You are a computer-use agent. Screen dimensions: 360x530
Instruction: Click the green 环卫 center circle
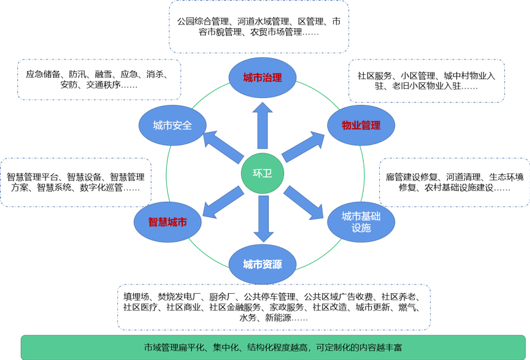[262, 174]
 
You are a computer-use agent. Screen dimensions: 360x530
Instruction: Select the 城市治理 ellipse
[263, 78]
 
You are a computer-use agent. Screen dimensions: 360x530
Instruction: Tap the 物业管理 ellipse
[361, 125]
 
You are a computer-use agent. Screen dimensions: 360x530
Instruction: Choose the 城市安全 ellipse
[172, 125]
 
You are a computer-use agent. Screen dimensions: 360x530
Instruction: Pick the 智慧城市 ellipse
[167, 222]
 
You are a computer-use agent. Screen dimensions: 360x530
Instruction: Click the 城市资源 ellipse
[263, 265]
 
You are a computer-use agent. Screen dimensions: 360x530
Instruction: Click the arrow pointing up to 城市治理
[263, 126]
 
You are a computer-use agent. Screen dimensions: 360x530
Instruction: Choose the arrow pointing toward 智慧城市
[222, 202]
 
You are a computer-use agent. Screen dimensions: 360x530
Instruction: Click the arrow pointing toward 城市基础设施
[304, 202]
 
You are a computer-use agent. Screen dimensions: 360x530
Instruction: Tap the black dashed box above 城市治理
[259, 26]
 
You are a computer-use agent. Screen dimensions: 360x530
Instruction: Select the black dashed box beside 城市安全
[99, 79]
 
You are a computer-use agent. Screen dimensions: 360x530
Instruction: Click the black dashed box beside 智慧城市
[76, 182]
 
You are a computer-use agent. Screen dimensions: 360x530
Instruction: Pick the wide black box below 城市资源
[274, 307]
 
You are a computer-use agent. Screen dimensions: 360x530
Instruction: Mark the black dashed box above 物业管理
[426, 80]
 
